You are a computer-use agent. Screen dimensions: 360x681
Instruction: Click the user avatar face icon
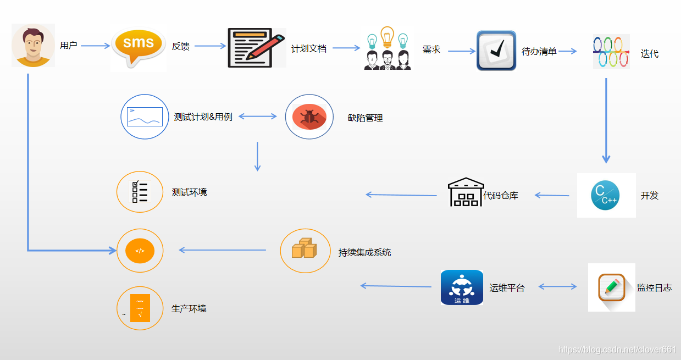(33, 46)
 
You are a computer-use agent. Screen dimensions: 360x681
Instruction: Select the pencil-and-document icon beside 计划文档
(257, 48)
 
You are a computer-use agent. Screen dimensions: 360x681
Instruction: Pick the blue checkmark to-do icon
(496, 51)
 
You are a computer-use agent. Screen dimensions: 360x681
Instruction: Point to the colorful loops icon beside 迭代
(611, 52)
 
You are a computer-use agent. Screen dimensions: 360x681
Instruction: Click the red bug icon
(309, 117)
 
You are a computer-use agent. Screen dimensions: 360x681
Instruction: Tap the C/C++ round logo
(606, 195)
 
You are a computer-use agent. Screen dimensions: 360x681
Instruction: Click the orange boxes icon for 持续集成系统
(304, 250)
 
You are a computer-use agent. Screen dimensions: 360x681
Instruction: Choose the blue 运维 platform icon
(462, 287)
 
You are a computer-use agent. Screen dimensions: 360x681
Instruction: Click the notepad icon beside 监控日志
(612, 287)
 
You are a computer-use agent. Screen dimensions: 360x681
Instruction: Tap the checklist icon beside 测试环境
(140, 192)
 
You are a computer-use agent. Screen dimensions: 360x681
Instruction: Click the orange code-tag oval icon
(140, 251)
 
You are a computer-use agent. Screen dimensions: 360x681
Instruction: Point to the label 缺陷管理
(366, 117)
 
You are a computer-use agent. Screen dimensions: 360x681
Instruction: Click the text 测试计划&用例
(203, 117)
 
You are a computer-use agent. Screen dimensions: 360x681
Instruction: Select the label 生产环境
(189, 308)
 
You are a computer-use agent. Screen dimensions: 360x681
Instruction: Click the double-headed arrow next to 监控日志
(557, 286)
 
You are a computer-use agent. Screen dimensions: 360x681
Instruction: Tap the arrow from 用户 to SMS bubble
(96, 46)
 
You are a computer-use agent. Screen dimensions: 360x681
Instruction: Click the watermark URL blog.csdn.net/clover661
(617, 350)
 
